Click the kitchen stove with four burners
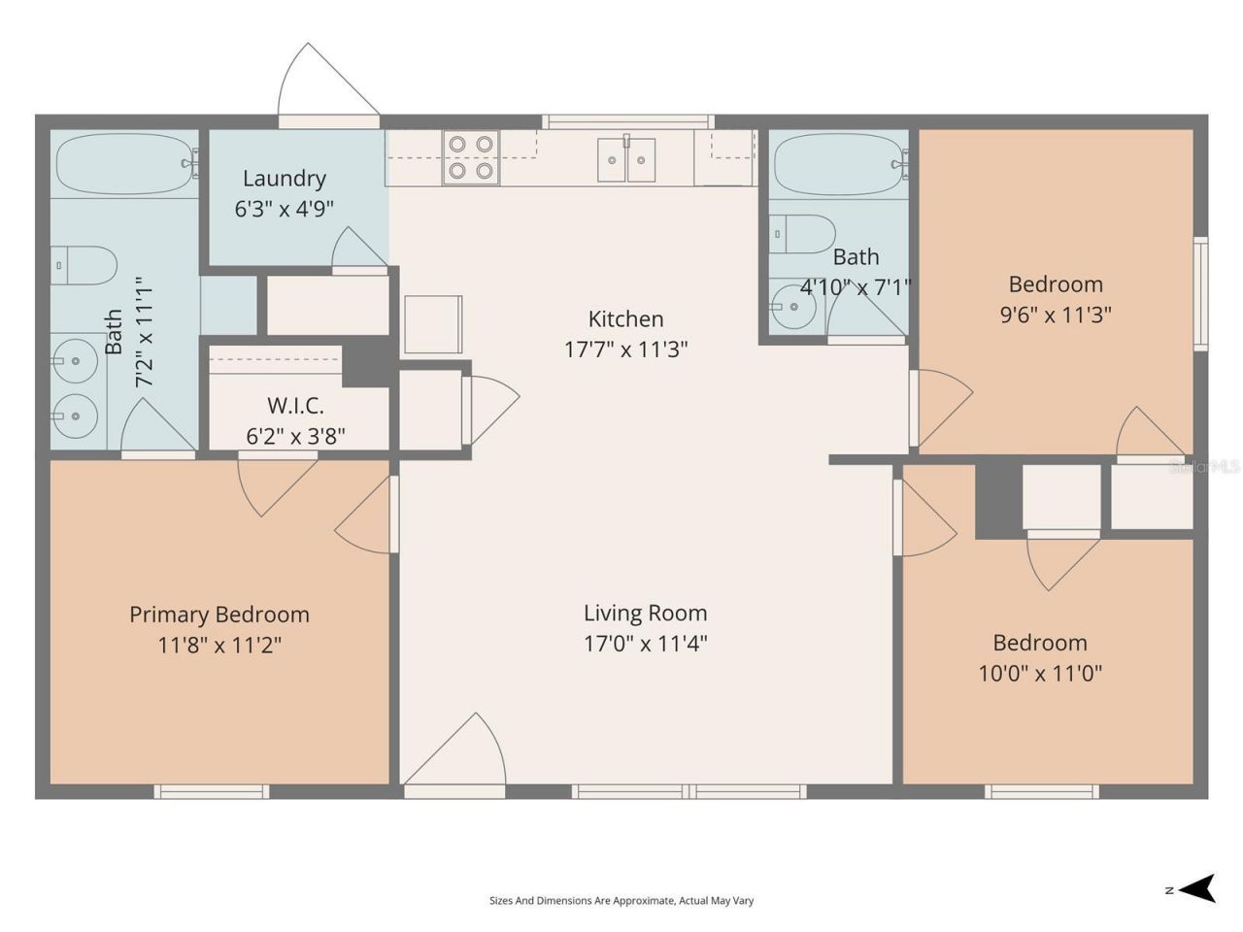coord(471,157)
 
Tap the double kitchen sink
coord(626,159)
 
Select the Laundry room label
coord(285,179)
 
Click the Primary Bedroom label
coord(219,615)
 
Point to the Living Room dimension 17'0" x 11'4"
coord(646,644)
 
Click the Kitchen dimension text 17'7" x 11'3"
coord(625,349)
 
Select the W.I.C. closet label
coord(295,405)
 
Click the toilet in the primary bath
coord(84,265)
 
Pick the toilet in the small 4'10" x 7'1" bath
coord(802,234)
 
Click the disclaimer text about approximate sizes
coord(621,900)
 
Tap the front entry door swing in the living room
coord(454,749)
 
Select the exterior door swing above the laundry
coord(328,79)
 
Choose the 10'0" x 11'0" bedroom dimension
coord(1040,674)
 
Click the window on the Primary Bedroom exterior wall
coord(212,791)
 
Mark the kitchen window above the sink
coord(628,121)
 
